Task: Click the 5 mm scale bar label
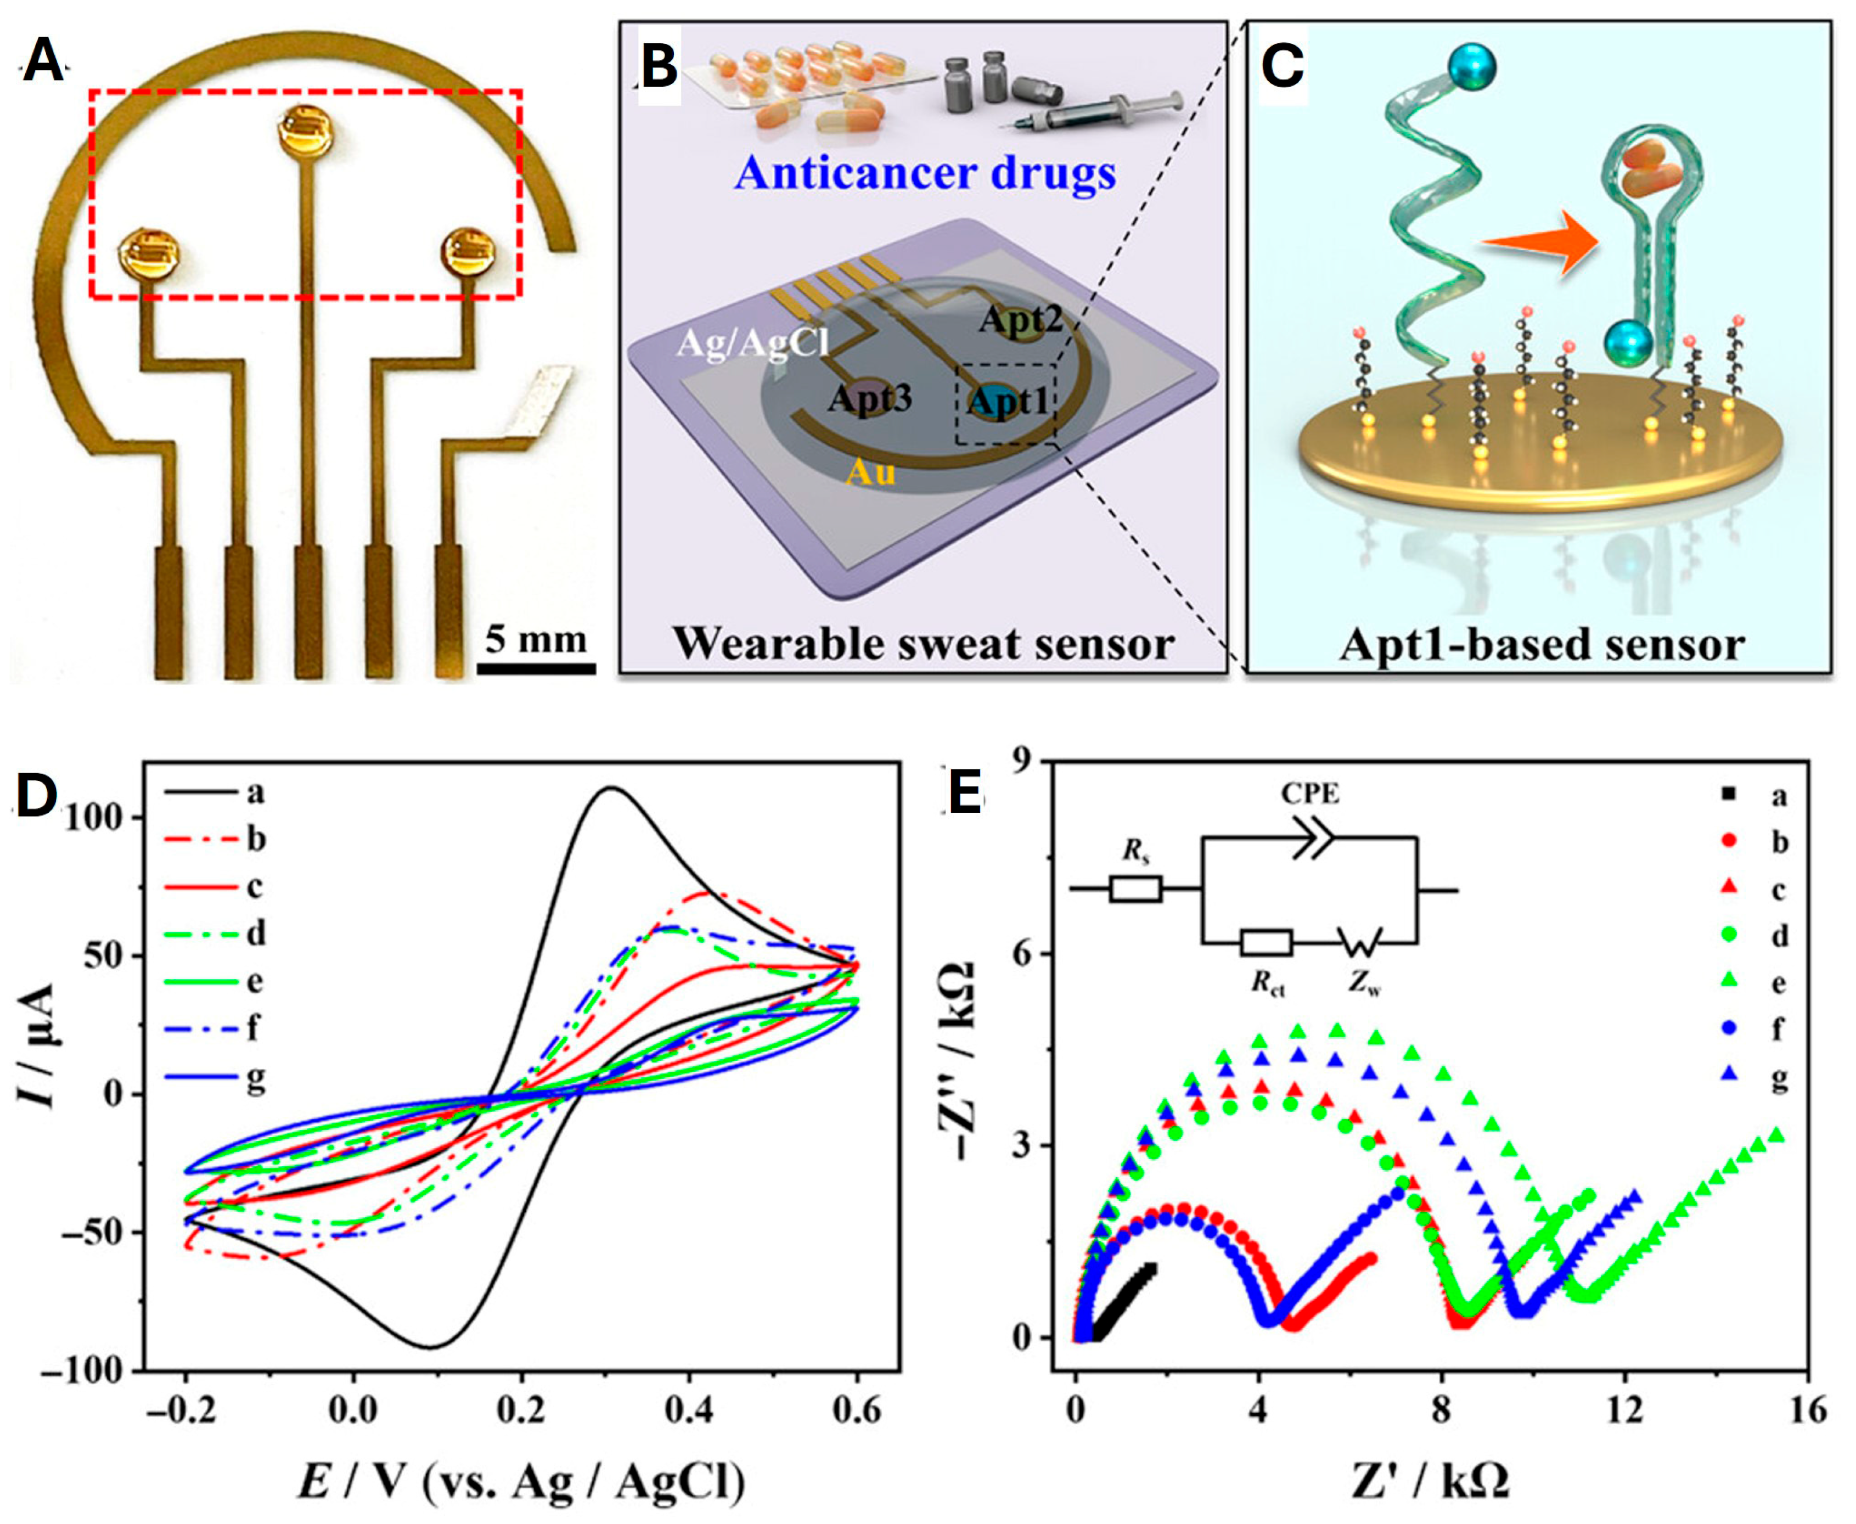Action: click(536, 639)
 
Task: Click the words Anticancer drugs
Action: click(925, 173)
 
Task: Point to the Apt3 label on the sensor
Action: click(869, 400)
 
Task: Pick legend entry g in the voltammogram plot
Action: click(255, 1076)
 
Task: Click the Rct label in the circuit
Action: click(1268, 984)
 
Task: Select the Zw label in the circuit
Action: click(1364, 984)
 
